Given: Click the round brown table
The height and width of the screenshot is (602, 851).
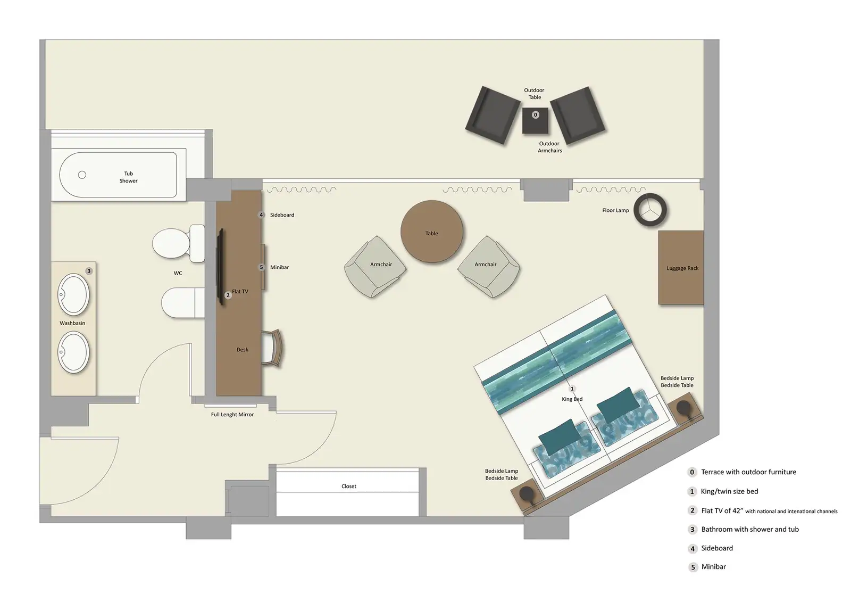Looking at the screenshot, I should [431, 232].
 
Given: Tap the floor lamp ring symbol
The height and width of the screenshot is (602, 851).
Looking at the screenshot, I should [650, 210].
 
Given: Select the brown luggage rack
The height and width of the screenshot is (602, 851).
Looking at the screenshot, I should [681, 268].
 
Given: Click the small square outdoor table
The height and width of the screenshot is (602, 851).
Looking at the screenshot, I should [535, 121].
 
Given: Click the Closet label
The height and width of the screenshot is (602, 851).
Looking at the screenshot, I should [349, 486].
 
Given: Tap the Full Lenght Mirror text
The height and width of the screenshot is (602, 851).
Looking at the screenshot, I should [232, 415].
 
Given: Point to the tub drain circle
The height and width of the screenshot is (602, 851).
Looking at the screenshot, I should [82, 175].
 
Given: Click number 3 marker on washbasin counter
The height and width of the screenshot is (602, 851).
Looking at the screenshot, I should [89, 271].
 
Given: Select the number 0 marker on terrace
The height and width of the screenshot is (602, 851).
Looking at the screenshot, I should [536, 114].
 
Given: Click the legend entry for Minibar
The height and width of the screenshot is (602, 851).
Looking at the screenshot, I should [713, 567].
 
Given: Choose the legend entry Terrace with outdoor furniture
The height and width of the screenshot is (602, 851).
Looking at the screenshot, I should [748, 472].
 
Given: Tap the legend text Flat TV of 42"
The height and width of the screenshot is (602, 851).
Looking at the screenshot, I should [722, 510].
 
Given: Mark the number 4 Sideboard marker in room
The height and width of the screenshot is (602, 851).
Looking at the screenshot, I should [261, 215].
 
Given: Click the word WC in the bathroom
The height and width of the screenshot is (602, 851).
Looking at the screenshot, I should [178, 273].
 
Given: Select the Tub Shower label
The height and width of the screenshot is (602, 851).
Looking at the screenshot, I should [128, 177].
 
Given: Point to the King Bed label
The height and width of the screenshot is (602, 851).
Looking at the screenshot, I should [572, 399].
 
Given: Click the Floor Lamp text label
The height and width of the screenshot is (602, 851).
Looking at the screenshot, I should [615, 210].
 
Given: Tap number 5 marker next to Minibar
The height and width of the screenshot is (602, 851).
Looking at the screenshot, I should [261, 267].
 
